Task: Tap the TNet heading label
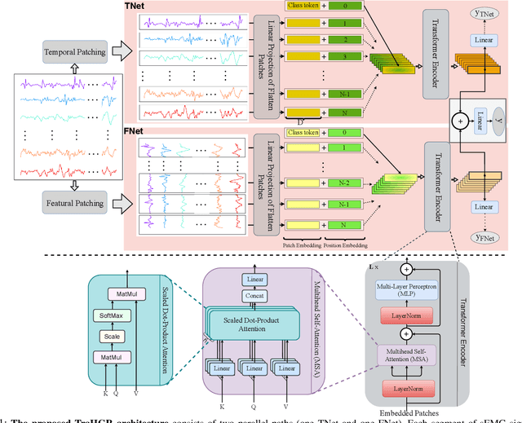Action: pyautogui.click(x=133, y=6)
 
